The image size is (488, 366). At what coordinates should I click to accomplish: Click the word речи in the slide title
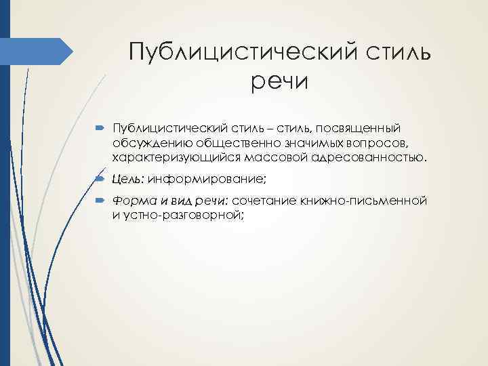279,82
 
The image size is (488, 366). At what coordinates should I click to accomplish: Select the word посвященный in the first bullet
363,129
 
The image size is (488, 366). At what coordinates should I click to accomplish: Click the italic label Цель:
128,180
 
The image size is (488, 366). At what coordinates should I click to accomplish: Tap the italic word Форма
131,201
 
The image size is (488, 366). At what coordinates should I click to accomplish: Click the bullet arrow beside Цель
100,180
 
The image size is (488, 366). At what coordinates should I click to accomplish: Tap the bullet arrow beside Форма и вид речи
100,201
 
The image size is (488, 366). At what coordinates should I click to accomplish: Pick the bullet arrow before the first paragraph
100,129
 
